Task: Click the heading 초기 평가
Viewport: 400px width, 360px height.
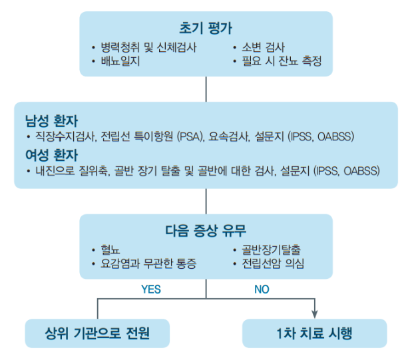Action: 206,28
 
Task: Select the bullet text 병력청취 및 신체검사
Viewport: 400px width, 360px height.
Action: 148,47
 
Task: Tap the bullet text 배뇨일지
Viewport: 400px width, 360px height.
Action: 120,61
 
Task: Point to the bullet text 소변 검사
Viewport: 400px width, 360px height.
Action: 263,47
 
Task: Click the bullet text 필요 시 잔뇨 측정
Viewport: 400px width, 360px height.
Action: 282,61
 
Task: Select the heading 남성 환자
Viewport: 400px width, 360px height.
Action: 51,121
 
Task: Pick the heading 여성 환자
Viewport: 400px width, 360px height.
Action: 51,155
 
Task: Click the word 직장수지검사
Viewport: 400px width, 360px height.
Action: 65,136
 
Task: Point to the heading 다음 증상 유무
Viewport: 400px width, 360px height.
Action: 206,231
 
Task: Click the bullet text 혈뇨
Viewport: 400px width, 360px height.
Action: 110,250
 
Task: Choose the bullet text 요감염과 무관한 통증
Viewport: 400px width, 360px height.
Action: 148,264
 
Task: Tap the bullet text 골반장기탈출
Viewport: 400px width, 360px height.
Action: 271,250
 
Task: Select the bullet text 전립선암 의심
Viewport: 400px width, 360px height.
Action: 273,264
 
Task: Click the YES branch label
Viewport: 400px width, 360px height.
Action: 151,289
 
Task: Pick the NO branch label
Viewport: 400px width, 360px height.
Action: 262,289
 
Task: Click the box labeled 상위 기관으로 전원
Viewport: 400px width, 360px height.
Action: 97,333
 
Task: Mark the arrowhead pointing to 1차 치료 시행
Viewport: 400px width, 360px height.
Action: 315,314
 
